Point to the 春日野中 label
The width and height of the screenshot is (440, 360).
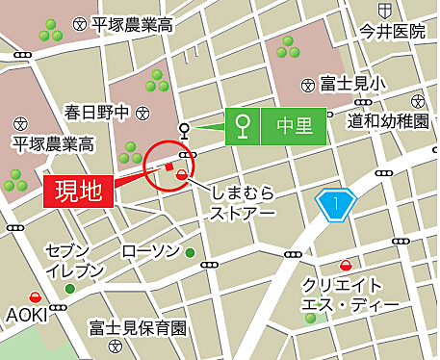click(96, 113)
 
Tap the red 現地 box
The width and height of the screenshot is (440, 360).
click(80, 190)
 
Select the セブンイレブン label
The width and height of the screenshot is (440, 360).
click(75, 260)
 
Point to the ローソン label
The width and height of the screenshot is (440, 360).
click(150, 252)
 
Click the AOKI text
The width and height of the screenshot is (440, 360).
click(27, 315)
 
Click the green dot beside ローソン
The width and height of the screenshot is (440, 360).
click(190, 253)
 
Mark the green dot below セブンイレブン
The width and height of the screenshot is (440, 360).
click(69, 288)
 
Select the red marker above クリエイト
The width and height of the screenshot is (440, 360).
click(345, 265)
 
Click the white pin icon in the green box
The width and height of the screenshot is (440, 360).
click(245, 125)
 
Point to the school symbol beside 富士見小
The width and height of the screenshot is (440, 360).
click(308, 85)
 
